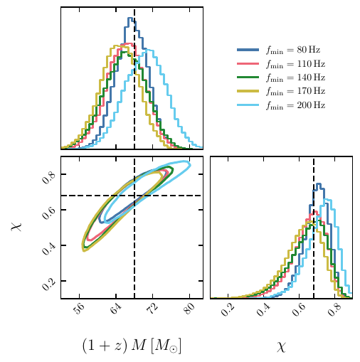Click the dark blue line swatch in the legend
(x=247, y=50)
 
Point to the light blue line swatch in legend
(x=247, y=105)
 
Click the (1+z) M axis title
(x=132, y=346)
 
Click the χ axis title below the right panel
(x=281, y=346)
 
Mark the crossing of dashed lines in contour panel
(x=134, y=195)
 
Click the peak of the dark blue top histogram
(x=131, y=18)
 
